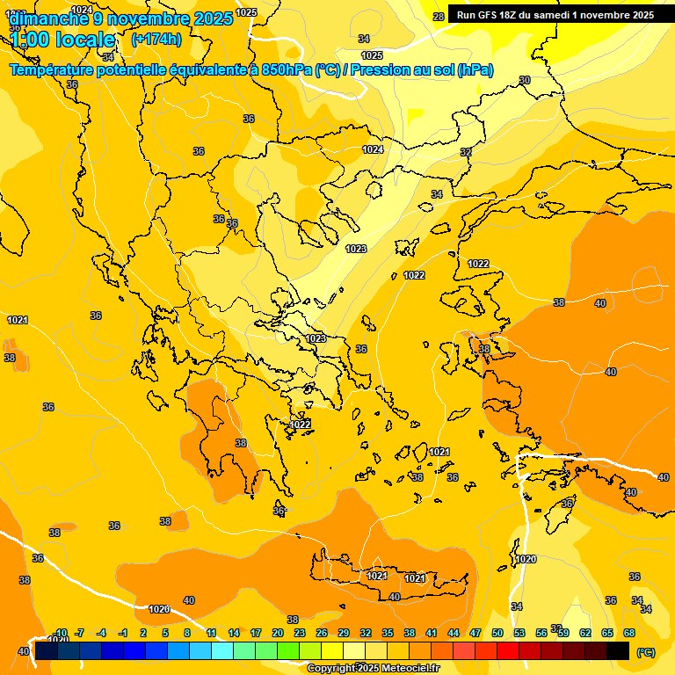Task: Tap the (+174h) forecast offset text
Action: coord(156,39)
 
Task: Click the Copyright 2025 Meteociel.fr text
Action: coord(373,668)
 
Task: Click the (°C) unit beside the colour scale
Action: coord(645,652)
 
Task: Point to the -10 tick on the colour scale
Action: coord(61,633)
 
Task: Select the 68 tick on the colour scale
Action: coord(629,633)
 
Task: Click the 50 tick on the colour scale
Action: coord(497,633)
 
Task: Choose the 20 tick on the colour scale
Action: coord(278,633)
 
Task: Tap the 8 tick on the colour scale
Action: coord(187,633)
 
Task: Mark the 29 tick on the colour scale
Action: coord(344,633)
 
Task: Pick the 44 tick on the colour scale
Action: coord(454,633)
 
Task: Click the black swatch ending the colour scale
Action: coord(618,650)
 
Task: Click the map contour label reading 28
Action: coord(439,17)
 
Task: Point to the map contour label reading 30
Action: coord(525,80)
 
